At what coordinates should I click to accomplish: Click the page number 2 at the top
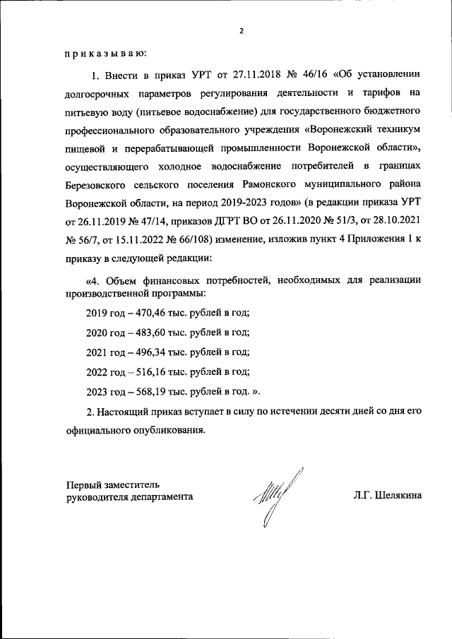pos(241,31)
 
